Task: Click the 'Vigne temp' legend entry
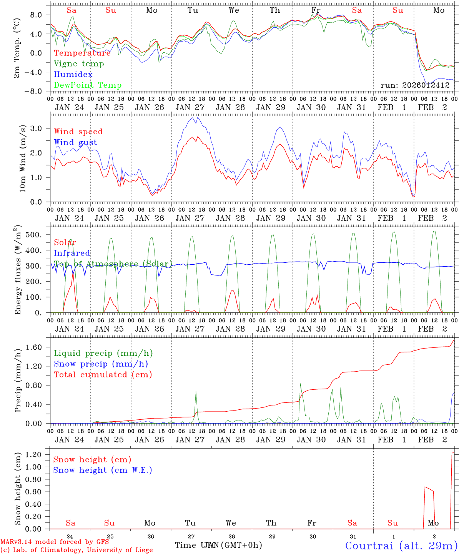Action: (79, 64)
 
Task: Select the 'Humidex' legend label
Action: (73, 74)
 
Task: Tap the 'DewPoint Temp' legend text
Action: (88, 85)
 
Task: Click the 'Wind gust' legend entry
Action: (75, 142)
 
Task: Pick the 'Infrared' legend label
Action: (72, 253)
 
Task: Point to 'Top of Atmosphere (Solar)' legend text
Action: (113, 264)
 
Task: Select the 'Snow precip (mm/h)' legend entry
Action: (101, 364)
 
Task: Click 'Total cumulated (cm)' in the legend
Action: (103, 374)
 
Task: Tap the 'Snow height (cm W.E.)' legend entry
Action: (103, 470)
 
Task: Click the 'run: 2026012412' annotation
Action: (415, 85)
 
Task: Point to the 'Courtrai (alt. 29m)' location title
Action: (401, 546)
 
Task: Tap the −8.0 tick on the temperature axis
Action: (38, 91)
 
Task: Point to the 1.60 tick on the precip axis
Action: (38, 347)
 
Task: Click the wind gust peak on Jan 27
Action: (197, 117)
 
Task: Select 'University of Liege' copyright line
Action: (76, 550)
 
